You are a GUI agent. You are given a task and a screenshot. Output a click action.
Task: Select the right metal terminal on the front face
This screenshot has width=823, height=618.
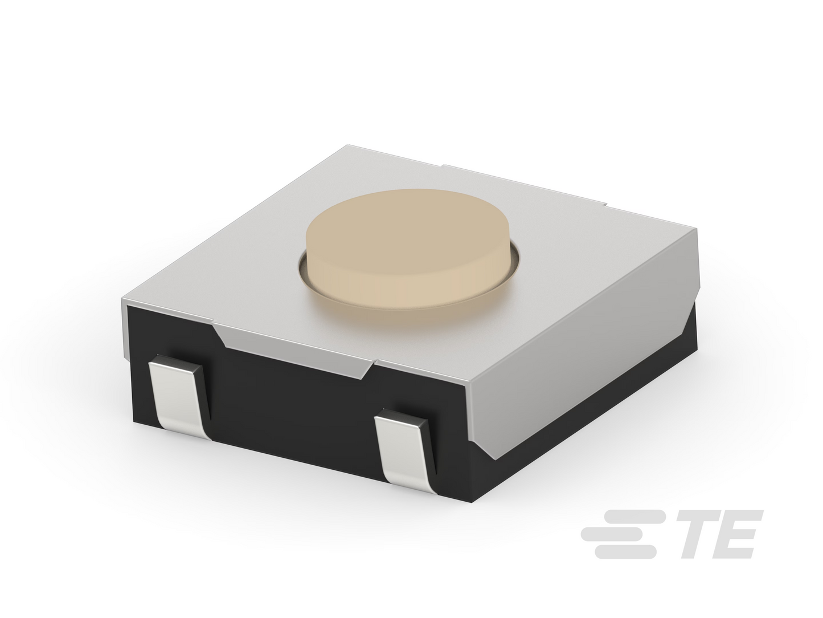tap(406, 449)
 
